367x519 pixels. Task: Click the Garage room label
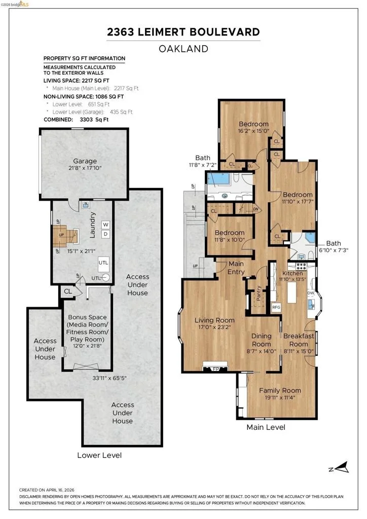coord(85,161)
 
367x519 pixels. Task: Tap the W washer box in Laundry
coord(105,225)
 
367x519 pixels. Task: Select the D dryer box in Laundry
coord(105,234)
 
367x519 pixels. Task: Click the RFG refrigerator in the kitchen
coord(276,307)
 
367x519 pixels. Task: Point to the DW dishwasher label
coord(311,293)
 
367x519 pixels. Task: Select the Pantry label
coord(259,293)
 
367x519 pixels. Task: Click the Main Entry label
coord(236,268)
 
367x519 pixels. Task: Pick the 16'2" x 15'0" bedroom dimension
coord(253,131)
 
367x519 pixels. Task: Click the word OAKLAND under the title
coord(183,49)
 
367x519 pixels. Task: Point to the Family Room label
coord(280,391)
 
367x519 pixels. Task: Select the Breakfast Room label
coord(299,340)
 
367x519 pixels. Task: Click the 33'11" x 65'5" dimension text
coord(109,378)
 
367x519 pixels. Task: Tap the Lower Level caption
coord(99,456)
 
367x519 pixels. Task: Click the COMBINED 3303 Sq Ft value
coord(94,120)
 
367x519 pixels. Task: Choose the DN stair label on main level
coord(255,209)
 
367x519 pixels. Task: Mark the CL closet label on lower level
coord(68,291)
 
